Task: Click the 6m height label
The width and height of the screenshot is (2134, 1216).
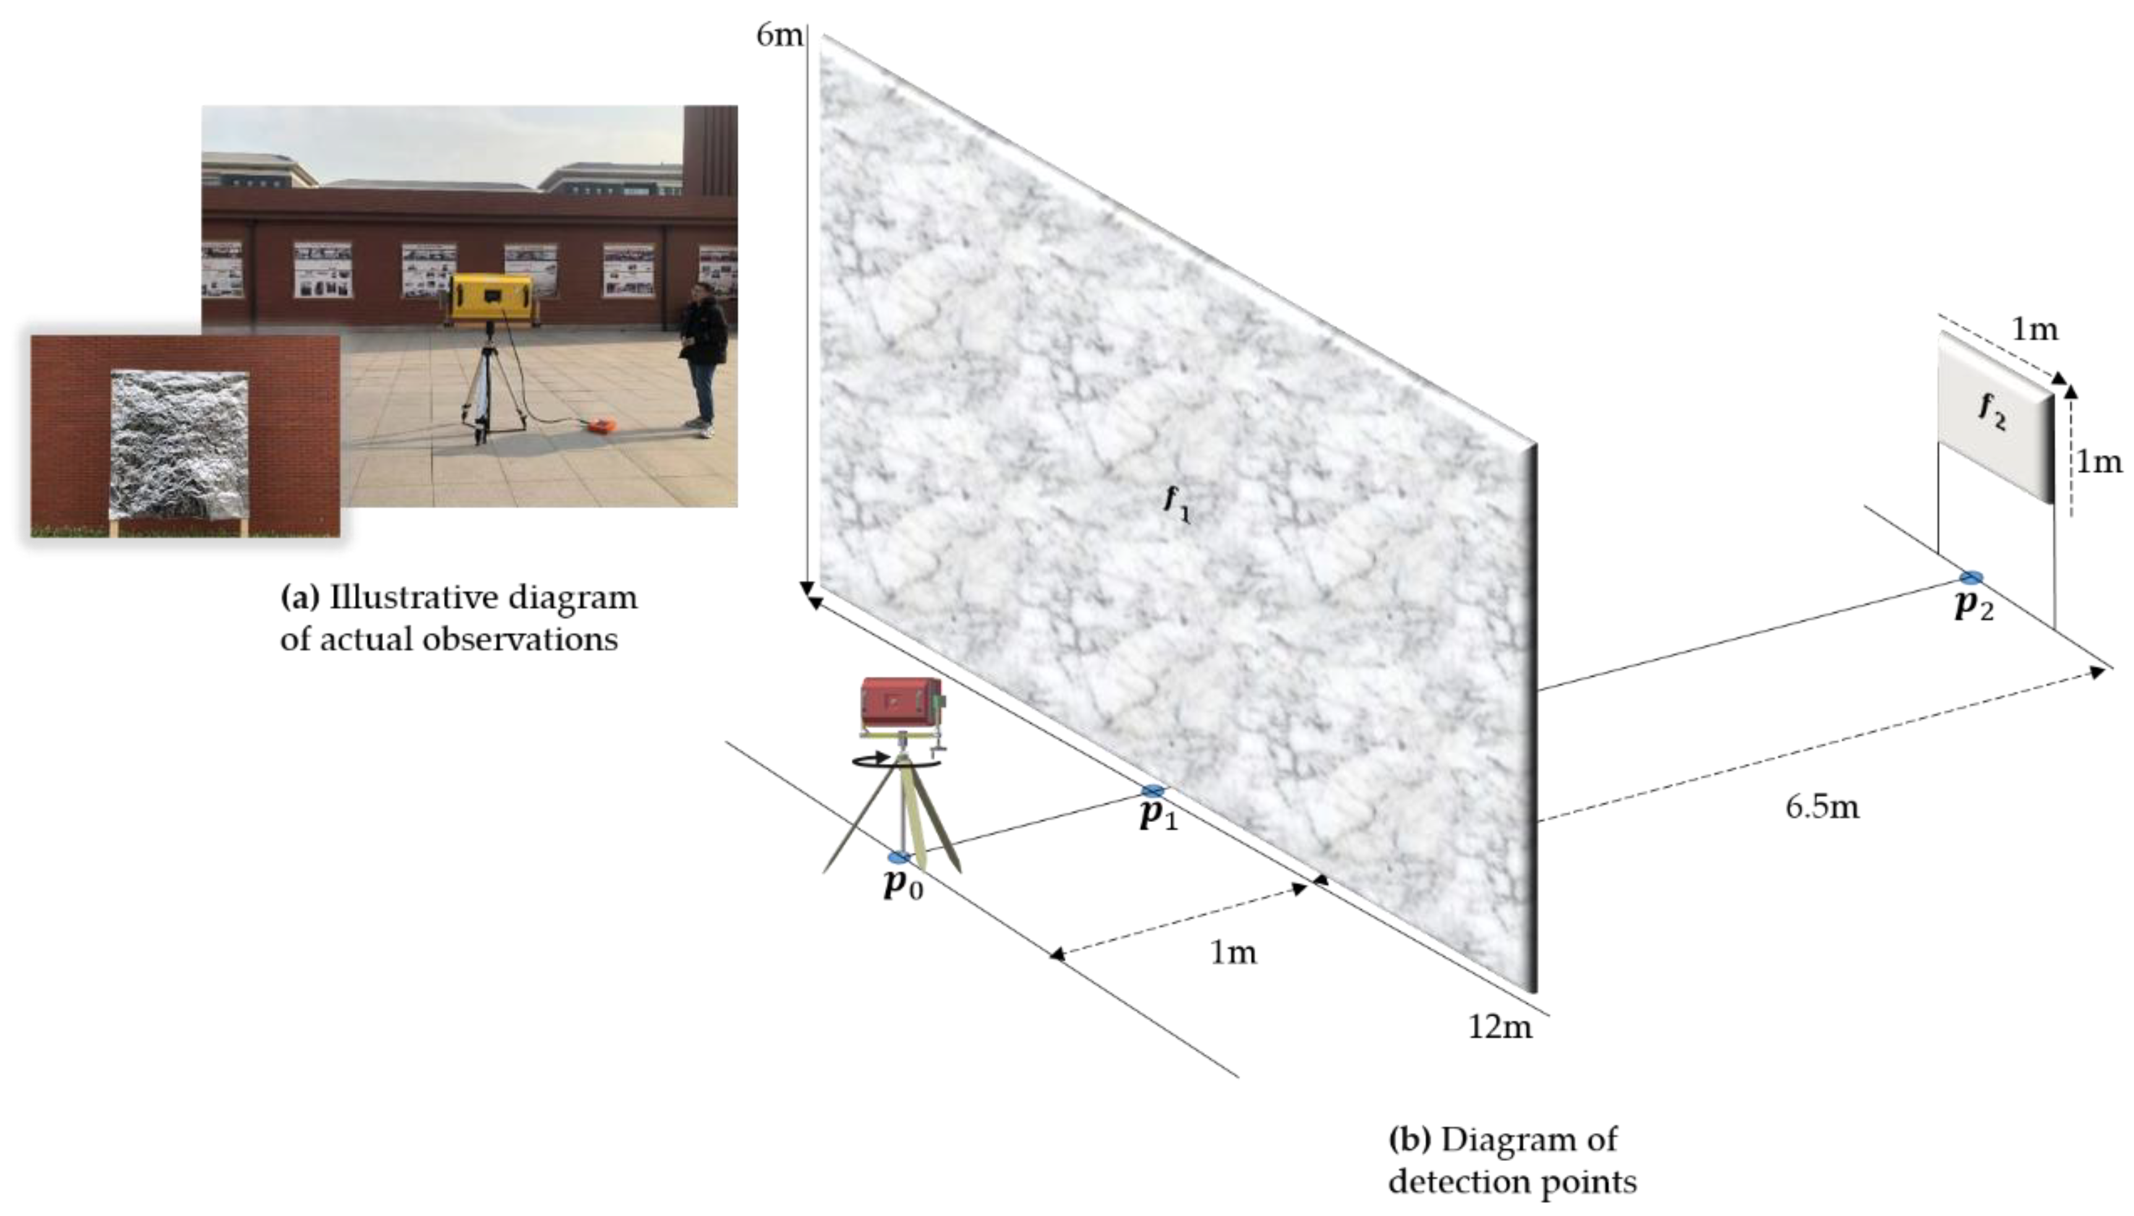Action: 778,36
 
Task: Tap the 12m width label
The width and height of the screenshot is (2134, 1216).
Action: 1500,1026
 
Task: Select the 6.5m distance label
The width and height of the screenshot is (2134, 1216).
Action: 1822,808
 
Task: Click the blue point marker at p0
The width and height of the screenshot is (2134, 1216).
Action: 899,857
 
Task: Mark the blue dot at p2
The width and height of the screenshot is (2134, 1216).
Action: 1972,577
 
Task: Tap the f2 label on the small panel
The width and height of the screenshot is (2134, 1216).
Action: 1992,412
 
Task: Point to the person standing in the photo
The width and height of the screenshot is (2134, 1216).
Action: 701,354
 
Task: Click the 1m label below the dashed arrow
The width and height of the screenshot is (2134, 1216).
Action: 1233,952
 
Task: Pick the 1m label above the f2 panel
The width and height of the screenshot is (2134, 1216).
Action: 2034,330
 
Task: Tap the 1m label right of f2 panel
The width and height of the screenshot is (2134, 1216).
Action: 2099,461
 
